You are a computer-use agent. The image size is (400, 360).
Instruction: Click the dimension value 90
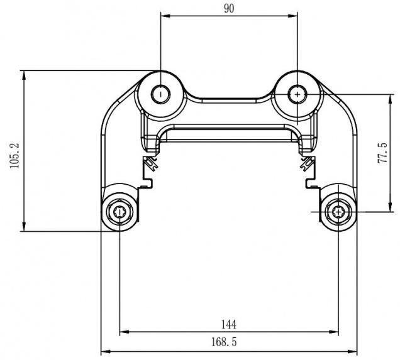[x=229, y=9]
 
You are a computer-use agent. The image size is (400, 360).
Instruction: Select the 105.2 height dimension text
[x=14, y=155]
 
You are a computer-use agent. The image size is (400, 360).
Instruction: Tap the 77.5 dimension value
[x=382, y=153]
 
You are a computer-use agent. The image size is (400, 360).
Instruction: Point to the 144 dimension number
[x=229, y=325]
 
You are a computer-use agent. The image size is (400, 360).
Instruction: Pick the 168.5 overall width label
[x=224, y=342]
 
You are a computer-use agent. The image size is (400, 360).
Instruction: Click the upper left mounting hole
[x=161, y=94]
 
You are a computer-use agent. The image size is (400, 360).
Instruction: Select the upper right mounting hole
[x=297, y=94]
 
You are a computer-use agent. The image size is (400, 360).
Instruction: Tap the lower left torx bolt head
[x=119, y=212]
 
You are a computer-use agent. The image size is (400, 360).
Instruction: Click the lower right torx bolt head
[x=338, y=212]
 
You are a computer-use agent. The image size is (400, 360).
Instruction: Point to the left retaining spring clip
[x=151, y=163]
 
